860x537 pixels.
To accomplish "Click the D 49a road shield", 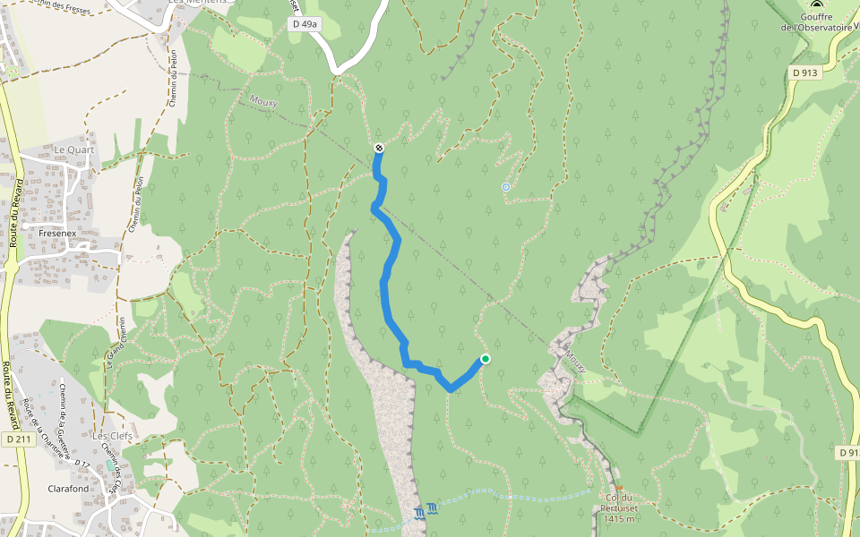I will click(x=305, y=25).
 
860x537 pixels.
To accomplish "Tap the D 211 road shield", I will click(x=13, y=439).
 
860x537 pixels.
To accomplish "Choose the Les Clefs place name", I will click(x=112, y=436).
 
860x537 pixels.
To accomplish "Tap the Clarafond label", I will click(x=67, y=489).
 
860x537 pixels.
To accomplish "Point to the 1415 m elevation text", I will click(x=618, y=519).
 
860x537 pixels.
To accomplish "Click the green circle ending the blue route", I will click(x=486, y=359).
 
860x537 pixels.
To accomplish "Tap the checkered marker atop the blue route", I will click(x=379, y=148).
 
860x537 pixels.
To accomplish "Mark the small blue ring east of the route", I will click(x=506, y=187).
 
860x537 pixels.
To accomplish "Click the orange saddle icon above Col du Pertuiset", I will click(x=618, y=489).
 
